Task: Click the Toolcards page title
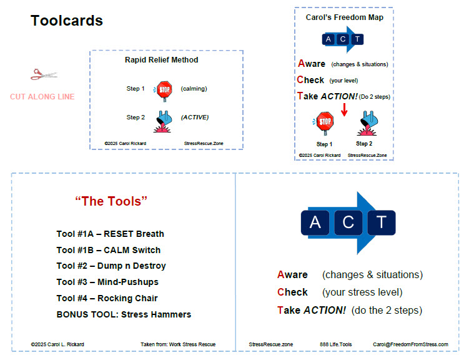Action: click(67, 21)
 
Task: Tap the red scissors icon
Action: click(44, 74)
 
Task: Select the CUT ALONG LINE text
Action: click(42, 97)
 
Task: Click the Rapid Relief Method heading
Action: click(162, 60)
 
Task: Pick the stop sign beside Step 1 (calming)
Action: click(164, 91)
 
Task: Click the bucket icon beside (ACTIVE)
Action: click(164, 121)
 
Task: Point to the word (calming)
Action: click(194, 89)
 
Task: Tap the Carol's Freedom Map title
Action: click(345, 17)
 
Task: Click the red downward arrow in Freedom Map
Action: click(344, 109)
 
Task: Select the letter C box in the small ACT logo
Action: click(343, 39)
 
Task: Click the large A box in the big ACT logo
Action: click(315, 222)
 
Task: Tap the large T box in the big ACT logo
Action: click(382, 222)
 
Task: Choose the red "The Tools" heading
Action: click(111, 201)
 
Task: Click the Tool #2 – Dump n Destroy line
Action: click(111, 266)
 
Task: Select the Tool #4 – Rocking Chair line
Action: click(107, 298)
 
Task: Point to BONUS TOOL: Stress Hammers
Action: click(124, 314)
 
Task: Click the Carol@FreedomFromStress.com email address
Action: click(410, 344)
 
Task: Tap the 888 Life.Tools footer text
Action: click(335, 344)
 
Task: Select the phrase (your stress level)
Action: click(362, 292)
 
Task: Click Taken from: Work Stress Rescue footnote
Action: click(178, 344)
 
